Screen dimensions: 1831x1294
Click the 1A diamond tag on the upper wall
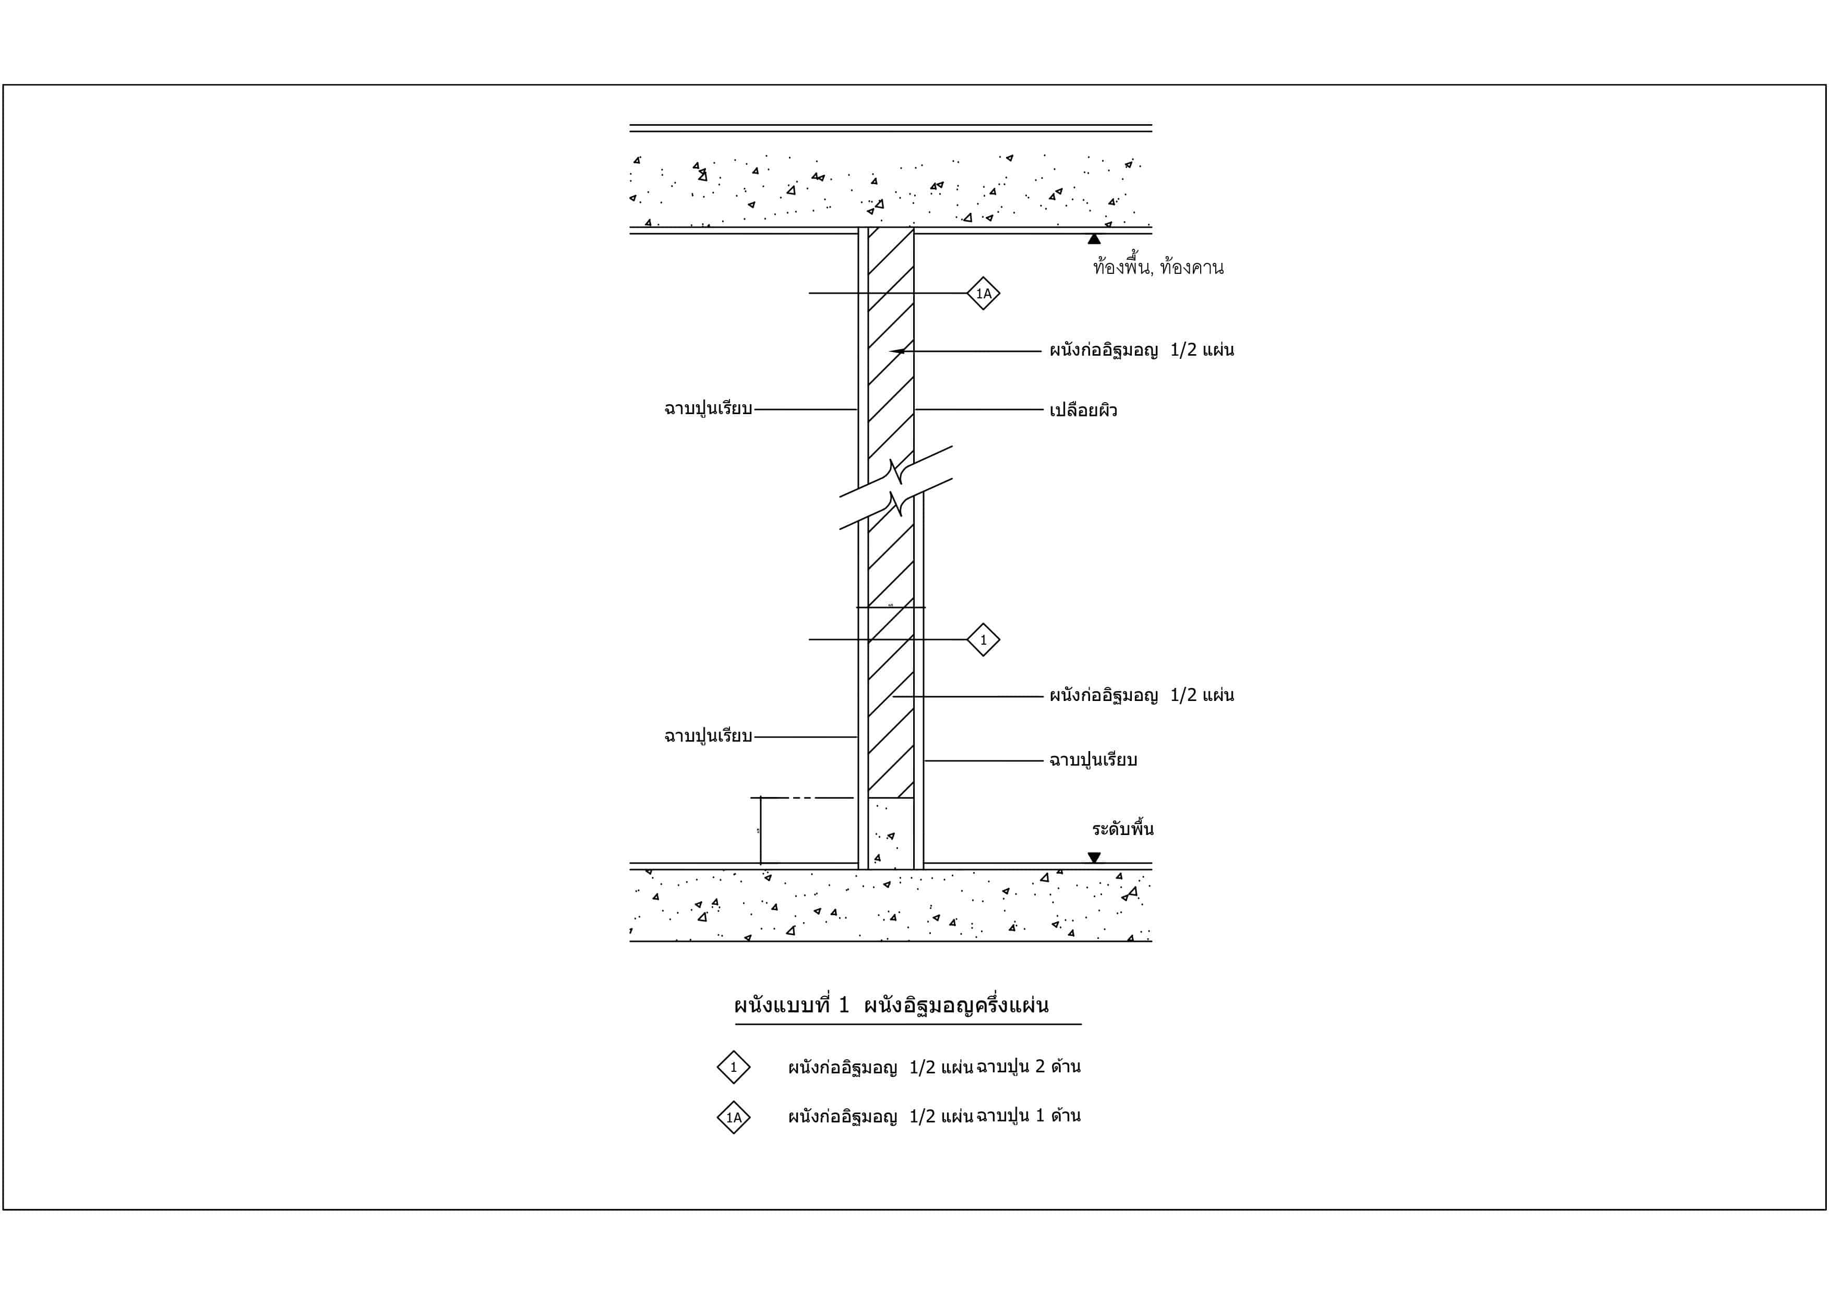(x=983, y=294)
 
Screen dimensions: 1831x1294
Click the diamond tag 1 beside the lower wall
(x=983, y=639)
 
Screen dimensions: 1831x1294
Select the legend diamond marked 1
(x=734, y=1067)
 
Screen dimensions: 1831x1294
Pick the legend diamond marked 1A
(x=734, y=1117)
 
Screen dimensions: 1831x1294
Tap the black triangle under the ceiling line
(x=1094, y=238)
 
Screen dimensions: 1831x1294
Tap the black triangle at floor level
(x=1094, y=858)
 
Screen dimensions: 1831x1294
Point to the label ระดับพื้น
(x=1123, y=828)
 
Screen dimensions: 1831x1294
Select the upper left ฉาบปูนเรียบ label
(x=708, y=408)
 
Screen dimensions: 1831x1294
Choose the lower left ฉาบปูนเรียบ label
(x=708, y=736)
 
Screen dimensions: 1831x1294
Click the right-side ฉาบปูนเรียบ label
(x=1093, y=760)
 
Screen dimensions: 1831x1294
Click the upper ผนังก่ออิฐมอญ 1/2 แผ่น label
(x=1141, y=350)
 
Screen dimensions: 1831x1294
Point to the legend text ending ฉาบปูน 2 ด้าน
(x=934, y=1067)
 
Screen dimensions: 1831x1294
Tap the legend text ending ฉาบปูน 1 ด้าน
(x=934, y=1116)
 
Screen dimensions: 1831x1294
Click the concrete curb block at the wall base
(x=891, y=833)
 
